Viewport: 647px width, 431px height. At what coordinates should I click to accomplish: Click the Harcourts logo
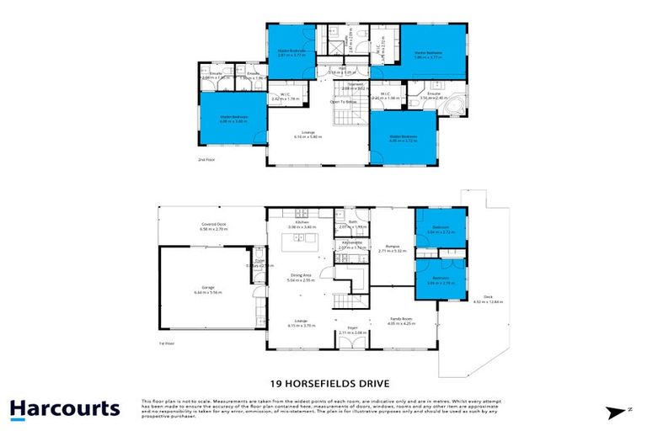(65, 409)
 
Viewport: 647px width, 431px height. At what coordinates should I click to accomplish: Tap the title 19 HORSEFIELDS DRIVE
(323, 380)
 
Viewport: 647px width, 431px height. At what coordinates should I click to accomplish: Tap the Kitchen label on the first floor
(301, 224)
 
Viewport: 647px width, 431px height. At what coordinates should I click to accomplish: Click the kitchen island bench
(301, 243)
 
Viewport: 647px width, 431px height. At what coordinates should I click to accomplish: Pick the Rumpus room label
(393, 247)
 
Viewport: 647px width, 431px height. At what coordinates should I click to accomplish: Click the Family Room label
(399, 320)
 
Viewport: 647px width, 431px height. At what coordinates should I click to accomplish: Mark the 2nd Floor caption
(206, 159)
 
